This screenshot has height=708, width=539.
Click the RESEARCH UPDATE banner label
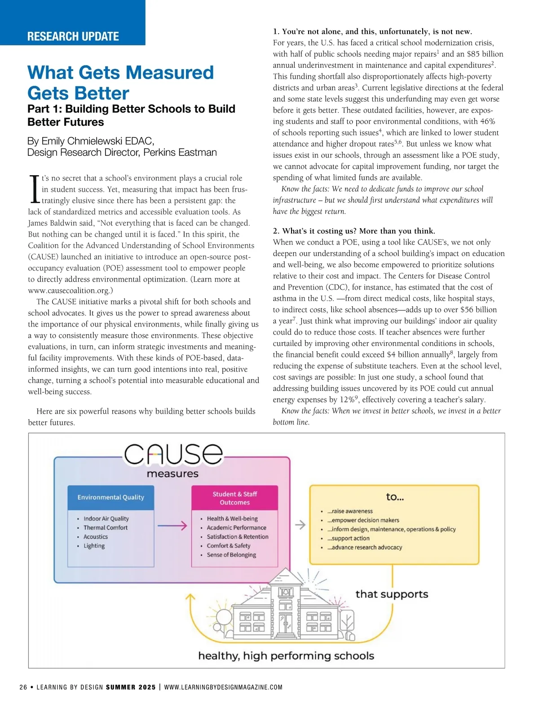pos(73,36)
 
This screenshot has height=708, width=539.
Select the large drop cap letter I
pos(34,189)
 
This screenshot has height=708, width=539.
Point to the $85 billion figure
pos(485,54)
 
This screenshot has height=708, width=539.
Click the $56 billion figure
pos(479,310)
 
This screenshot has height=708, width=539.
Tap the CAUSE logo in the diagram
pos(173,455)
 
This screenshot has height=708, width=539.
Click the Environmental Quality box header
pos(110,497)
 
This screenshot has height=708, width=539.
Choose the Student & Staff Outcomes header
pos(234,498)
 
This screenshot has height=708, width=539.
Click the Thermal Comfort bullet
pos(106,528)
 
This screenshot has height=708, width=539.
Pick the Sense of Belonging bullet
pos(231,555)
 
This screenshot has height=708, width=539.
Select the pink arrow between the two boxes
pos(172,526)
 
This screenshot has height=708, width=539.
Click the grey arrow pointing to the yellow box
pos(300,524)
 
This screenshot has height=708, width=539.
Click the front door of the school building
pos(286,624)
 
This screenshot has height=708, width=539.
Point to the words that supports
pos(392,594)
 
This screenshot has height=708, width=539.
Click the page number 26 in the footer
pos(23,687)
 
